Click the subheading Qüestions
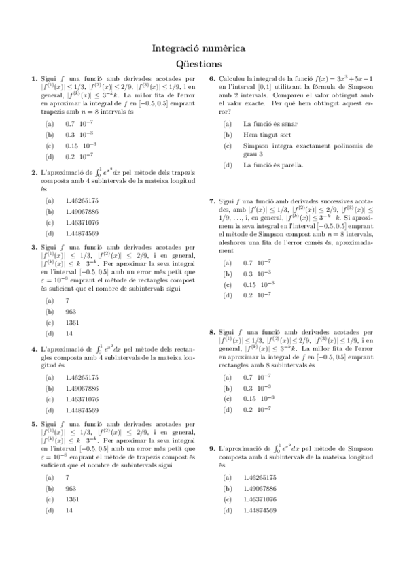pyautogui.click(x=202, y=64)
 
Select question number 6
pyautogui.click(x=212, y=79)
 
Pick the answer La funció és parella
pyautogui.click(x=273, y=165)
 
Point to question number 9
pyautogui.click(x=212, y=449)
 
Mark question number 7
pyautogui.click(x=212, y=202)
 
